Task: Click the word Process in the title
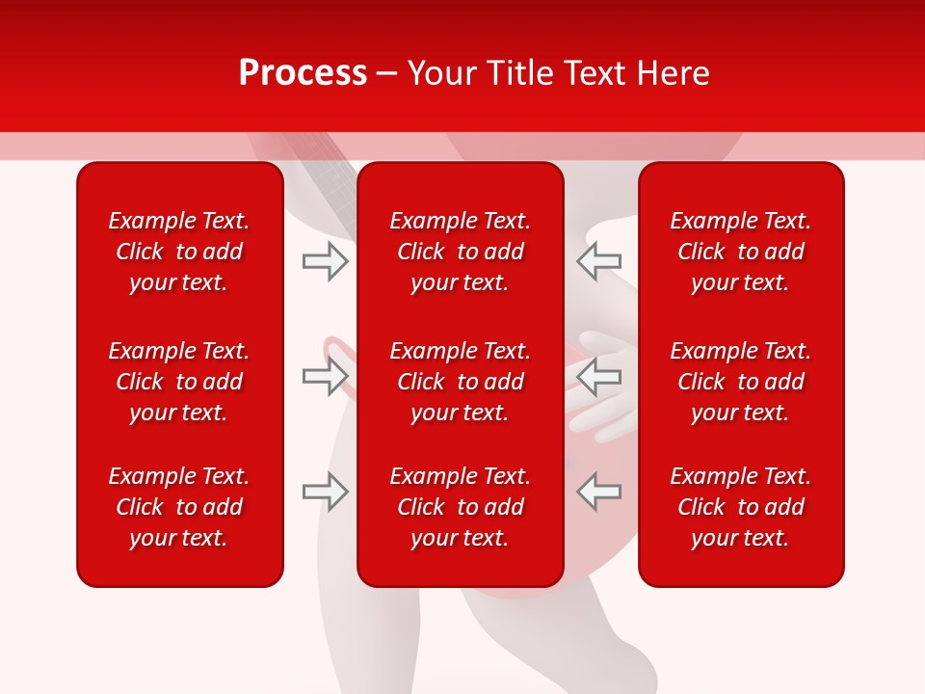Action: click(x=303, y=73)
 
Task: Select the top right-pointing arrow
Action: click(x=326, y=261)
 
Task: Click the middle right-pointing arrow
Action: click(x=326, y=376)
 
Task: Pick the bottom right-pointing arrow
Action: click(x=326, y=492)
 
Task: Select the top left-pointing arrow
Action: click(x=598, y=261)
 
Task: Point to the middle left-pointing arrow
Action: click(x=598, y=376)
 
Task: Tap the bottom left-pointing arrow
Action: click(x=598, y=492)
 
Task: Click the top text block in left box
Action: click(x=179, y=252)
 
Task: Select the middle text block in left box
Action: click(x=179, y=382)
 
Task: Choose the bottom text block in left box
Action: click(x=179, y=507)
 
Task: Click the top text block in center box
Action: click(x=460, y=252)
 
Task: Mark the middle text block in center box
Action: click(x=460, y=382)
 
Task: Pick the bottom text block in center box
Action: click(x=460, y=507)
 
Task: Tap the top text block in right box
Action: click(x=740, y=252)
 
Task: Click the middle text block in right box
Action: click(x=740, y=382)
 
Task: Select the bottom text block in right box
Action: click(x=740, y=507)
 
